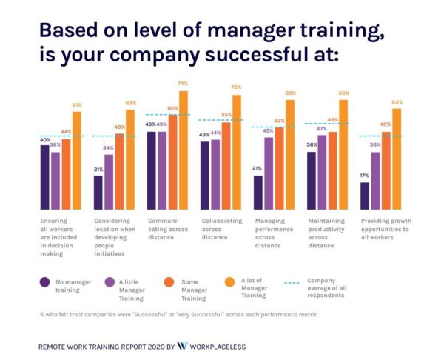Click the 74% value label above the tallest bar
[183, 84]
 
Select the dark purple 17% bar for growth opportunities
[365, 196]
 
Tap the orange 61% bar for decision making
[77, 160]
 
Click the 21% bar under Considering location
[98, 192]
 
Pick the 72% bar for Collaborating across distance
[237, 152]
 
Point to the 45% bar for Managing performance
[269, 173]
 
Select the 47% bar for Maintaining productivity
[322, 172]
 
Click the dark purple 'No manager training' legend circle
[44, 281]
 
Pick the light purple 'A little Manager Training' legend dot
[108, 281]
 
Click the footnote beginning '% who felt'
[178, 315]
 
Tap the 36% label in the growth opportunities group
[375, 145]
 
